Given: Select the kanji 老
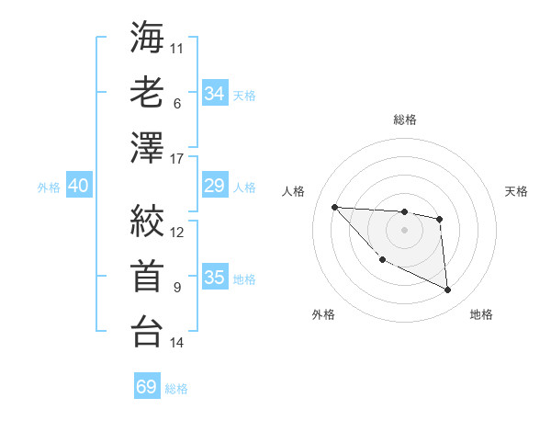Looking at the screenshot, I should point(147,92).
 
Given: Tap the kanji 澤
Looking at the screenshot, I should point(147,148).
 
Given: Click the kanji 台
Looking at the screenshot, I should point(147,331).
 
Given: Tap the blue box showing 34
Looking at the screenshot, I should point(214,93).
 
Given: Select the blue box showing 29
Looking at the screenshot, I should point(214,186).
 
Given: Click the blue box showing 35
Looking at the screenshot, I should point(214,278).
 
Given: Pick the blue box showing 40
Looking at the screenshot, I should point(78,186).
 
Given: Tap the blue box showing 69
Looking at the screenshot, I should point(147,387).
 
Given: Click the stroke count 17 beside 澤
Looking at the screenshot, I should point(177,160).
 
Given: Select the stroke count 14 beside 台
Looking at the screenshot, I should point(177,343).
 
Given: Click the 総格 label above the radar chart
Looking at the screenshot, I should point(404,119).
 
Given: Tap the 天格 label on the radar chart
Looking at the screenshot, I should point(517,191).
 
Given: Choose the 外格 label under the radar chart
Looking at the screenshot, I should point(323,314).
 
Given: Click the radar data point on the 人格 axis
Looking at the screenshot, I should point(334,207).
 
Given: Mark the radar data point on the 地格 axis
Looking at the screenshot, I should point(448,290).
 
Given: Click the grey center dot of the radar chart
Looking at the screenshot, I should point(404,230).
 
